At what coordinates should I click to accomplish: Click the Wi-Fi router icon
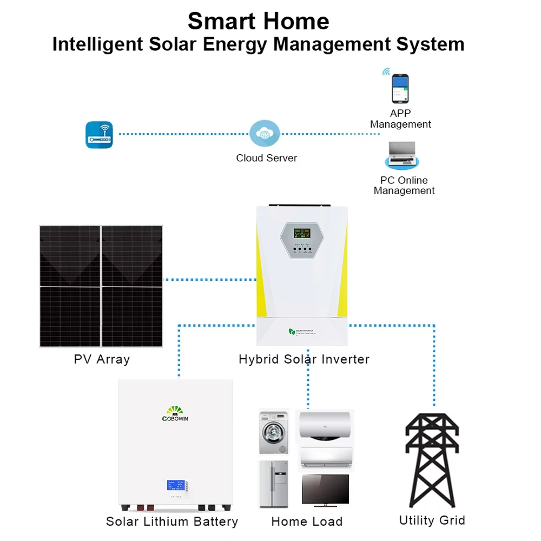click(x=100, y=134)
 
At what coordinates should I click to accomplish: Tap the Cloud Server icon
click(x=265, y=134)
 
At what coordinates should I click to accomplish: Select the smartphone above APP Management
click(x=400, y=89)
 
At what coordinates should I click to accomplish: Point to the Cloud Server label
click(x=266, y=159)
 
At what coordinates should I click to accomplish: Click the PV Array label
click(x=102, y=359)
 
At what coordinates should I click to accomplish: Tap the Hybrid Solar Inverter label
click(x=304, y=359)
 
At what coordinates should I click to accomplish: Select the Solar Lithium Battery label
click(x=172, y=522)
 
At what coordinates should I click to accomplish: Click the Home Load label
click(x=307, y=522)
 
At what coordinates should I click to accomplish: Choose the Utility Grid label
click(x=432, y=520)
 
